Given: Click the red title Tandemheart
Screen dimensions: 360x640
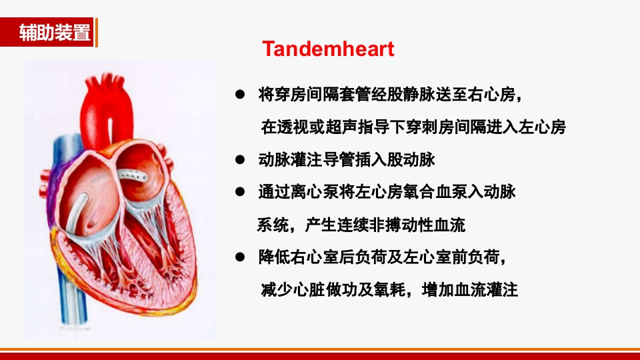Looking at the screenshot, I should [328, 49].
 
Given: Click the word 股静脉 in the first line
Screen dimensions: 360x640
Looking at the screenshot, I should [408, 95].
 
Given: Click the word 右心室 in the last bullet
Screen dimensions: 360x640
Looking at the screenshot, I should [314, 257].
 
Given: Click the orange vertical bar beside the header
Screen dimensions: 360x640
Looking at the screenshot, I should [96, 33].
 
